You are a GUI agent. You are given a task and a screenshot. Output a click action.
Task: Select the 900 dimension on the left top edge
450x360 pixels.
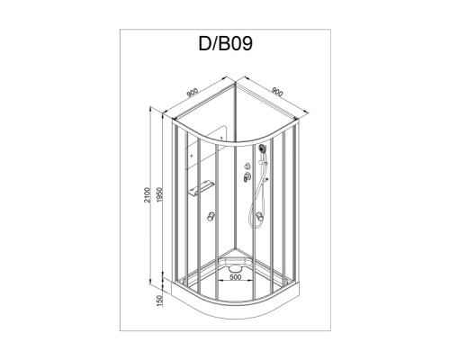click(193, 93)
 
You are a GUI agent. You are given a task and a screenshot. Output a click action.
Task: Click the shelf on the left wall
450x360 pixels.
click(200, 186)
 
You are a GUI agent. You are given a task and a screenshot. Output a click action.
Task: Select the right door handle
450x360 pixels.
click(258, 216)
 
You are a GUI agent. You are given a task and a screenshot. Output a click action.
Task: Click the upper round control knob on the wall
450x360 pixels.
click(244, 166)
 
